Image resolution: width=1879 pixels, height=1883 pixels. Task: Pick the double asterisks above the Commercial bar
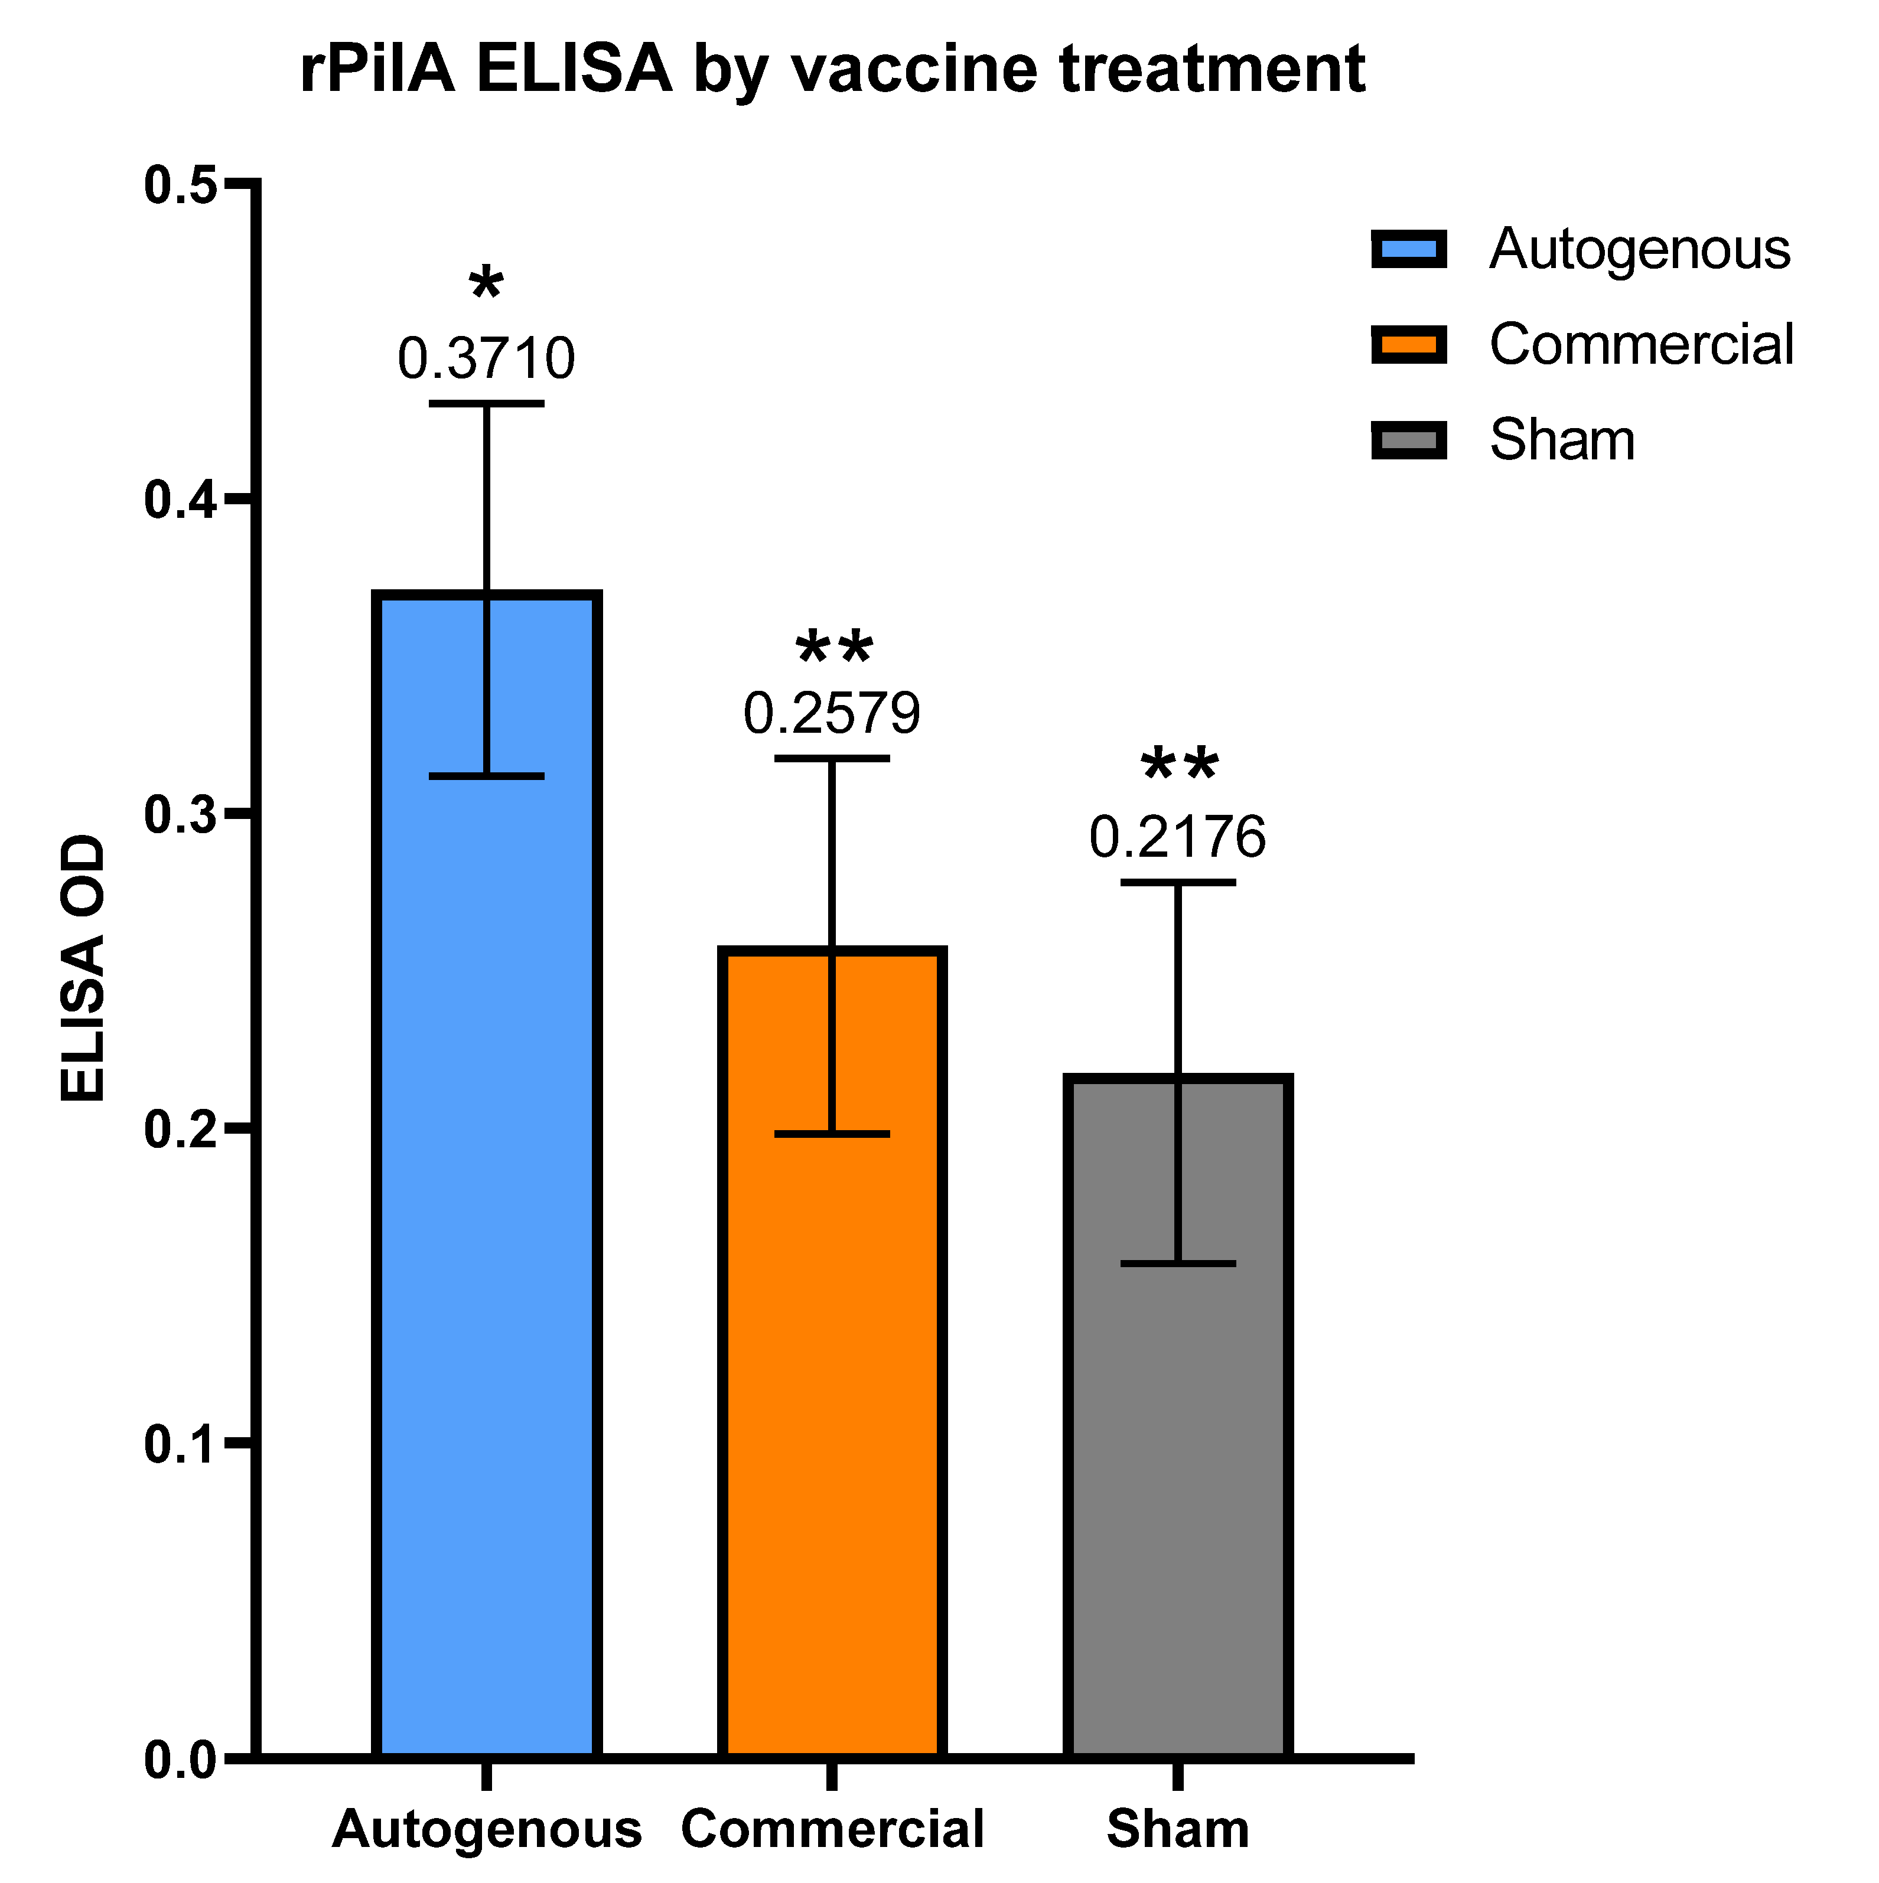click(x=833, y=648)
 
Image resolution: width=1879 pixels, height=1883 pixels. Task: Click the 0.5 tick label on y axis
click(x=180, y=185)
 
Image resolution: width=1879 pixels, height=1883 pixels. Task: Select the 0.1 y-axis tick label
click(x=180, y=1444)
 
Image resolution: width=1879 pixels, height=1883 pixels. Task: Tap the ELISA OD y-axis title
click(x=82, y=970)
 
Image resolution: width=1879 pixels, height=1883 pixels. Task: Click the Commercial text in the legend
click(x=1641, y=345)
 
